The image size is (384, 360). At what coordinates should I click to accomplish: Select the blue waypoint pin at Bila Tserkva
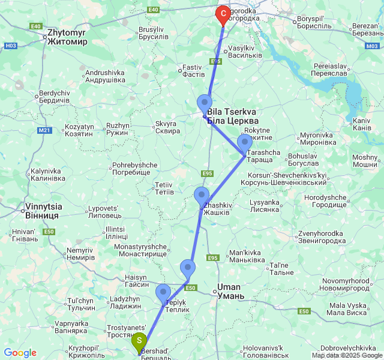(x=205, y=104)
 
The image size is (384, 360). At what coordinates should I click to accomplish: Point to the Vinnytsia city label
(x=42, y=211)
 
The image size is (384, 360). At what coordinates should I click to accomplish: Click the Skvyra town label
(x=167, y=127)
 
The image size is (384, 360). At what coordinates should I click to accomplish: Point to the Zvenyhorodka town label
(x=322, y=237)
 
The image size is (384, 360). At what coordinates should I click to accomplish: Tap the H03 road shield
(x=11, y=46)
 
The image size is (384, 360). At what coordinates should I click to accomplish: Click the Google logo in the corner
(x=20, y=353)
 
